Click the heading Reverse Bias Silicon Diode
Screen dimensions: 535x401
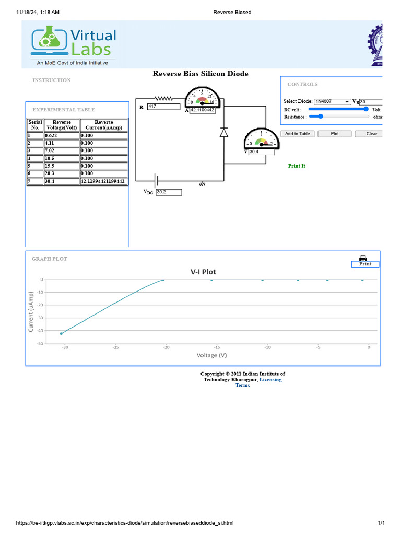tap(200, 74)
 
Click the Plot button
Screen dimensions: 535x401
tap(335, 134)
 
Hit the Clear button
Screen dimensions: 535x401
tap(371, 134)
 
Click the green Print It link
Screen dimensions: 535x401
tap(297, 166)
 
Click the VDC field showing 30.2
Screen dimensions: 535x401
tap(169, 192)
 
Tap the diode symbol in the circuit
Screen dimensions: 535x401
tap(224, 132)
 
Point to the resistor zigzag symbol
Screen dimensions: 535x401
tap(163, 98)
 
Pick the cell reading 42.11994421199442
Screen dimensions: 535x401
tap(103, 181)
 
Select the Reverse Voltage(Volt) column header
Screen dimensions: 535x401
tap(62, 125)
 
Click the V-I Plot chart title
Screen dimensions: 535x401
tap(203, 272)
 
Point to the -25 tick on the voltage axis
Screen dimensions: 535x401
tap(115, 347)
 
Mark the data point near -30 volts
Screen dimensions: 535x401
tap(61, 333)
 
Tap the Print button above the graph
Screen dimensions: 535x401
tap(365, 264)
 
